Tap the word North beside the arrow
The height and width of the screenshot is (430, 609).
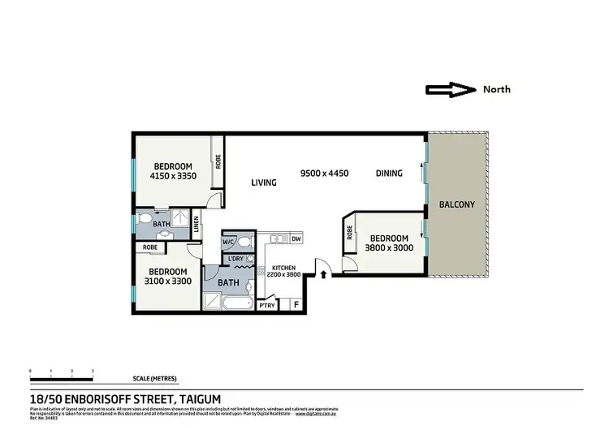(496, 90)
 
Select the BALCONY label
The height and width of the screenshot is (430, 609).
(456, 204)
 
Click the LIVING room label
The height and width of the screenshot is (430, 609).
(263, 183)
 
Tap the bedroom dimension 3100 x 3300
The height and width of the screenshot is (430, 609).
(168, 281)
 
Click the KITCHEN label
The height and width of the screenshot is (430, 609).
(283, 267)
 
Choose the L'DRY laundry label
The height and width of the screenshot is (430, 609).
(236, 259)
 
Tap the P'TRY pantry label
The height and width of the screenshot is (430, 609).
(266, 305)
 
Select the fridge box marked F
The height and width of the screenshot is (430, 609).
(295, 305)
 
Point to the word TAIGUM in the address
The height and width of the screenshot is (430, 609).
(198, 398)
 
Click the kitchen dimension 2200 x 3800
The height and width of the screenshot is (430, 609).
(283, 274)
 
